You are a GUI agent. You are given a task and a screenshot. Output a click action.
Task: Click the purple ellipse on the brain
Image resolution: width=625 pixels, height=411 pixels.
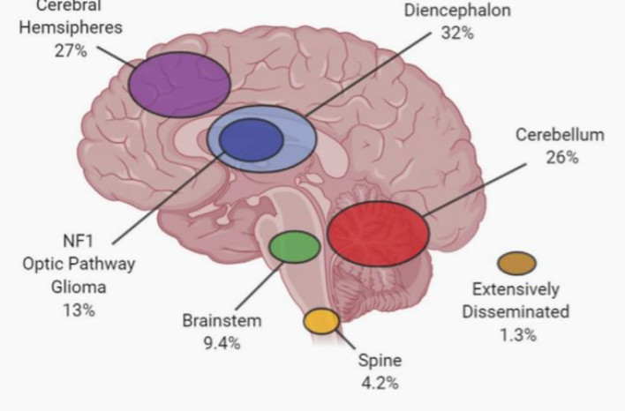[x=179, y=84]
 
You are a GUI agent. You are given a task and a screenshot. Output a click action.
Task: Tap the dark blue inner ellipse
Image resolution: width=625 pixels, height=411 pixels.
[x=251, y=140]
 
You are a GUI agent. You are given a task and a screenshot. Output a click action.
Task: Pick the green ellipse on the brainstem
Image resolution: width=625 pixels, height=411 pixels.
[x=294, y=247]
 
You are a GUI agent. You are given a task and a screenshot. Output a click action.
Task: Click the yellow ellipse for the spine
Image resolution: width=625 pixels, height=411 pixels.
[x=321, y=321]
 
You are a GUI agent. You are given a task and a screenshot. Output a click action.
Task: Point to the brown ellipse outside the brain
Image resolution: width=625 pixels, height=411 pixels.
[x=516, y=263]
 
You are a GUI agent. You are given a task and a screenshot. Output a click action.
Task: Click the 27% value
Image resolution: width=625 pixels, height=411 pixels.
[x=70, y=50]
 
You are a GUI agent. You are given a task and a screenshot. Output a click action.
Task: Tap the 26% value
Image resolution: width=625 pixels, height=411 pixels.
[x=561, y=157]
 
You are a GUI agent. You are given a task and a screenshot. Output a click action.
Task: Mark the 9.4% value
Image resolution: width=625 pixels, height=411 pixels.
[x=222, y=343]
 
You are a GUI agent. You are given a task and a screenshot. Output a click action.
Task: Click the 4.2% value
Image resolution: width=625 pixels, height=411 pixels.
[x=380, y=383]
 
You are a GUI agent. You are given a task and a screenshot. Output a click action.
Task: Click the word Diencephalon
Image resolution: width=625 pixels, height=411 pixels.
[x=456, y=11]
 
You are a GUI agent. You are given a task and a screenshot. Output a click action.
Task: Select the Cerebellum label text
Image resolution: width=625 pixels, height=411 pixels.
[x=561, y=135]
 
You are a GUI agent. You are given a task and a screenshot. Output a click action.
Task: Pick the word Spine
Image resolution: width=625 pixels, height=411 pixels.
[x=380, y=360]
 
